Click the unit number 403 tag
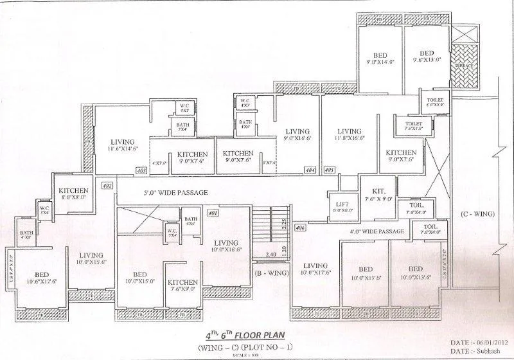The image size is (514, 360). pyautogui.click(x=141, y=170)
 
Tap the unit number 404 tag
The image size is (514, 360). pyautogui.click(x=310, y=170)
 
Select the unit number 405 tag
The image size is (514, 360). pyautogui.click(x=329, y=170)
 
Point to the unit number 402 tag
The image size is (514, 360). pyautogui.click(x=107, y=186)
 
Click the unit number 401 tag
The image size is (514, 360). pyautogui.click(x=213, y=212)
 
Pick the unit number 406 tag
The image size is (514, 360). pyautogui.click(x=299, y=228)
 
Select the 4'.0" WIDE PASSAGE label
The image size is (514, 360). pyautogui.click(x=377, y=231)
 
